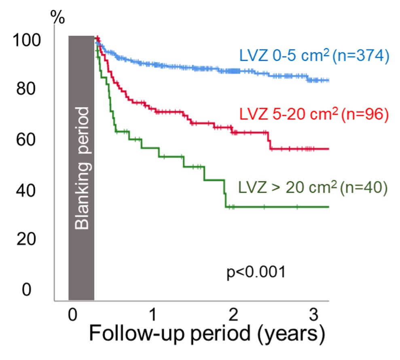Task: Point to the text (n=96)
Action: [364, 115]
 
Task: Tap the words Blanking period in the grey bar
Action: [83, 168]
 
